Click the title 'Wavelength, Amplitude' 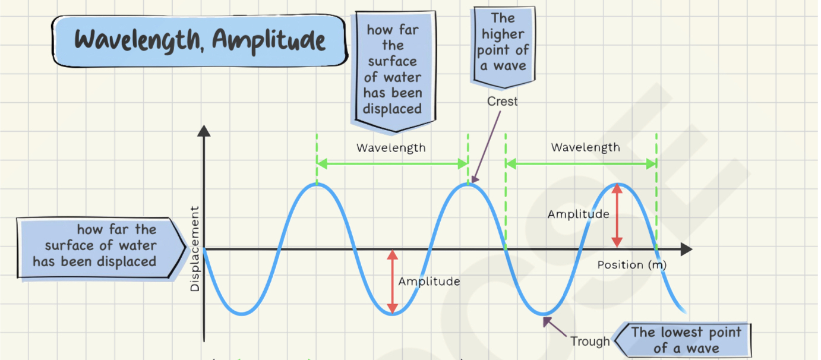point(200,40)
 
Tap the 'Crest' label point(502,102)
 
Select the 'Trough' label point(590,341)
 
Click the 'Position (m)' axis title point(631,265)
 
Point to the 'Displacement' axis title point(195,249)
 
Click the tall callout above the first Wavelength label point(393,69)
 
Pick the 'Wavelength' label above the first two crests point(391,148)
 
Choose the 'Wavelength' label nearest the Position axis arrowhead point(585,147)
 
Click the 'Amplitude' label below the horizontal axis point(429,282)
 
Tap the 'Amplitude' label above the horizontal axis point(578,214)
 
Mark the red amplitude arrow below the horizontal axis point(392,282)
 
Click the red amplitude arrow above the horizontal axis point(617,215)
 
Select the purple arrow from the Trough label point(556,328)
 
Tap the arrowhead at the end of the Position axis point(687,250)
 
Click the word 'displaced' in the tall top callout point(392,109)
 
